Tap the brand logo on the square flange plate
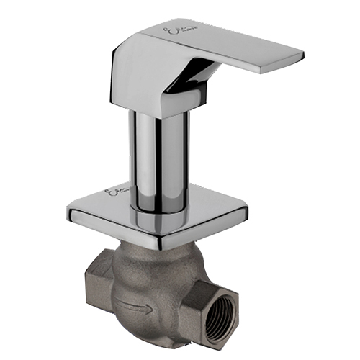tap(117, 195)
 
